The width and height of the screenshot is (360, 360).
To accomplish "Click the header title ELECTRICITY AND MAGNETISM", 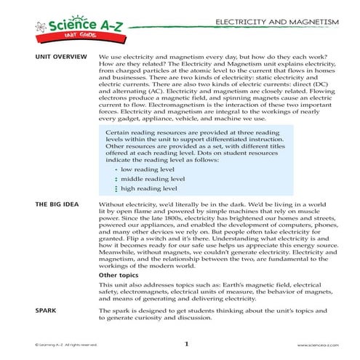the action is point(277,23).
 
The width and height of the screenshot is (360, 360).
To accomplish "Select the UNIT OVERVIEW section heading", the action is point(56,57).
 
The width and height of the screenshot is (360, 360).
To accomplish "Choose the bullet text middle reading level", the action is point(153,178).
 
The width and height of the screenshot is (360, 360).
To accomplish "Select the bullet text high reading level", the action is point(148,188).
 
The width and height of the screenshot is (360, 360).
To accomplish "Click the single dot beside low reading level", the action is point(116,169).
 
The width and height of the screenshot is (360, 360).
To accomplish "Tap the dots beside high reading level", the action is point(116,188).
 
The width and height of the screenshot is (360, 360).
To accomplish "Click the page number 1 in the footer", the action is point(186,344).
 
